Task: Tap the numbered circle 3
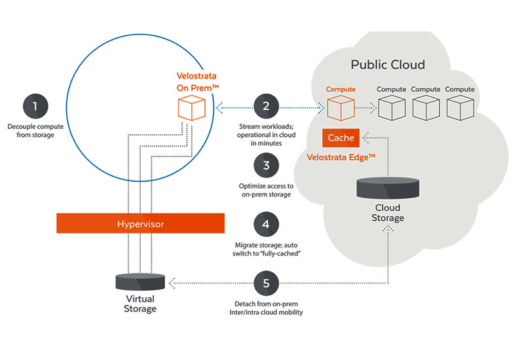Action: (x=266, y=165)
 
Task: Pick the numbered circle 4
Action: (x=266, y=224)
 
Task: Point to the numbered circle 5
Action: (x=266, y=283)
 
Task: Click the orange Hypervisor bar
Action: (x=140, y=224)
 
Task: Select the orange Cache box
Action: (x=341, y=138)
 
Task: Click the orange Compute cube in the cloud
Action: (x=341, y=107)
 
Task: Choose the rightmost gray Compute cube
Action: (x=460, y=107)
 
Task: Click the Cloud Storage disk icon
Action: (x=386, y=190)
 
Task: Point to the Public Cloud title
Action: (x=388, y=65)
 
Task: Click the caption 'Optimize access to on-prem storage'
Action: (x=266, y=190)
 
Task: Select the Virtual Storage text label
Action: (x=140, y=304)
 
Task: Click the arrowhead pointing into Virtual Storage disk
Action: (x=171, y=283)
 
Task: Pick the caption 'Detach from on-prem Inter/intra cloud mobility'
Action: (x=266, y=308)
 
